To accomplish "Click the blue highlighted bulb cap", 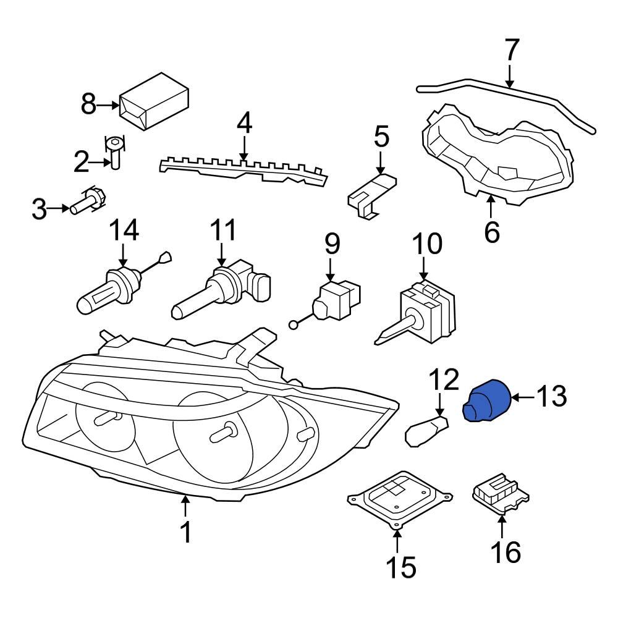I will pos(486,401).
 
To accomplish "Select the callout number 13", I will pos(551,397).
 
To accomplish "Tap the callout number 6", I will pos(491,232).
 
